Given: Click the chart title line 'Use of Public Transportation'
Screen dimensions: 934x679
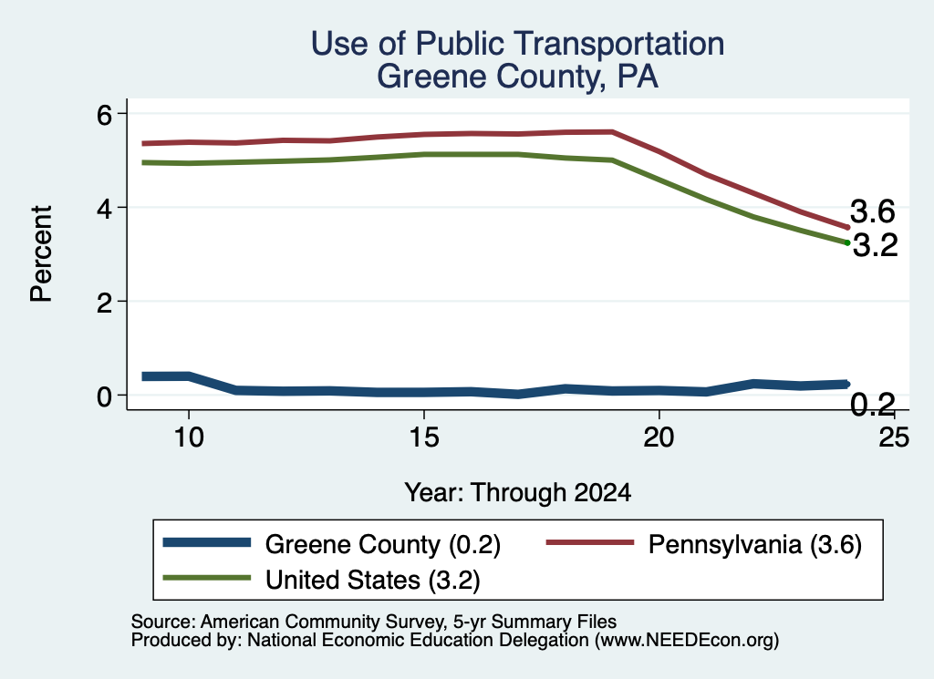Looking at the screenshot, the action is coord(517,44).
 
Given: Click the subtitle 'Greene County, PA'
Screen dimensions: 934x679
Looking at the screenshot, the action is coord(517,77).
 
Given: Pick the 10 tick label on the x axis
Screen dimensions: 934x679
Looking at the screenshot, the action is coord(189,438).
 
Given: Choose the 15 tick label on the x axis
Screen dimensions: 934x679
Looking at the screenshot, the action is coord(424,438).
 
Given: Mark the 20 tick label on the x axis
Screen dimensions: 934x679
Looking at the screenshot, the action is coord(659,438).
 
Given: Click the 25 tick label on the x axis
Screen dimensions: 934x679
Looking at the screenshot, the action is coord(894,438).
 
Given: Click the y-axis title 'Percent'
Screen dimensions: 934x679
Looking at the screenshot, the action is coord(41,254).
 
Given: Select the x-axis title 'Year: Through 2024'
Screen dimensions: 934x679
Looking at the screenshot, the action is coord(518,493).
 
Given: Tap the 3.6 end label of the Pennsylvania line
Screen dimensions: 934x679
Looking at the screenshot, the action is coord(873,211).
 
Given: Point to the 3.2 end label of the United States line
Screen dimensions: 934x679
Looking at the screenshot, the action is coord(875,245).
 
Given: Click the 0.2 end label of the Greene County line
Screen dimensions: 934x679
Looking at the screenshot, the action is coord(873,405).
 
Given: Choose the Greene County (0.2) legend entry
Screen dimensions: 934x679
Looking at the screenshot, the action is coord(332,544).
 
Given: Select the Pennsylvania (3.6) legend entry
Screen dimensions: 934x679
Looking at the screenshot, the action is coord(704,544).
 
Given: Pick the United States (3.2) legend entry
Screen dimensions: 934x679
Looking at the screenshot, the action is coord(322,580).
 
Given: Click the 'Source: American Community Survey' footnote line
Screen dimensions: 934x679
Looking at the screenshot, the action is coord(373,622).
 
